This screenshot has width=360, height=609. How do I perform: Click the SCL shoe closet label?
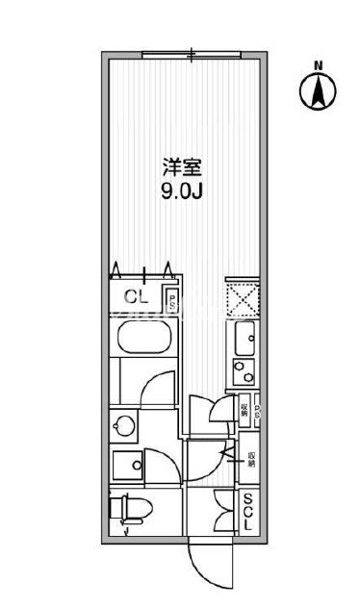[x=248, y=516]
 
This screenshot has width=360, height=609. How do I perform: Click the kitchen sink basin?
[x=242, y=338]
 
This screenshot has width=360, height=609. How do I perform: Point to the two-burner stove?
[x=241, y=370]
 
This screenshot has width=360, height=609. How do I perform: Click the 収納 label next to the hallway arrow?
[x=251, y=460]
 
